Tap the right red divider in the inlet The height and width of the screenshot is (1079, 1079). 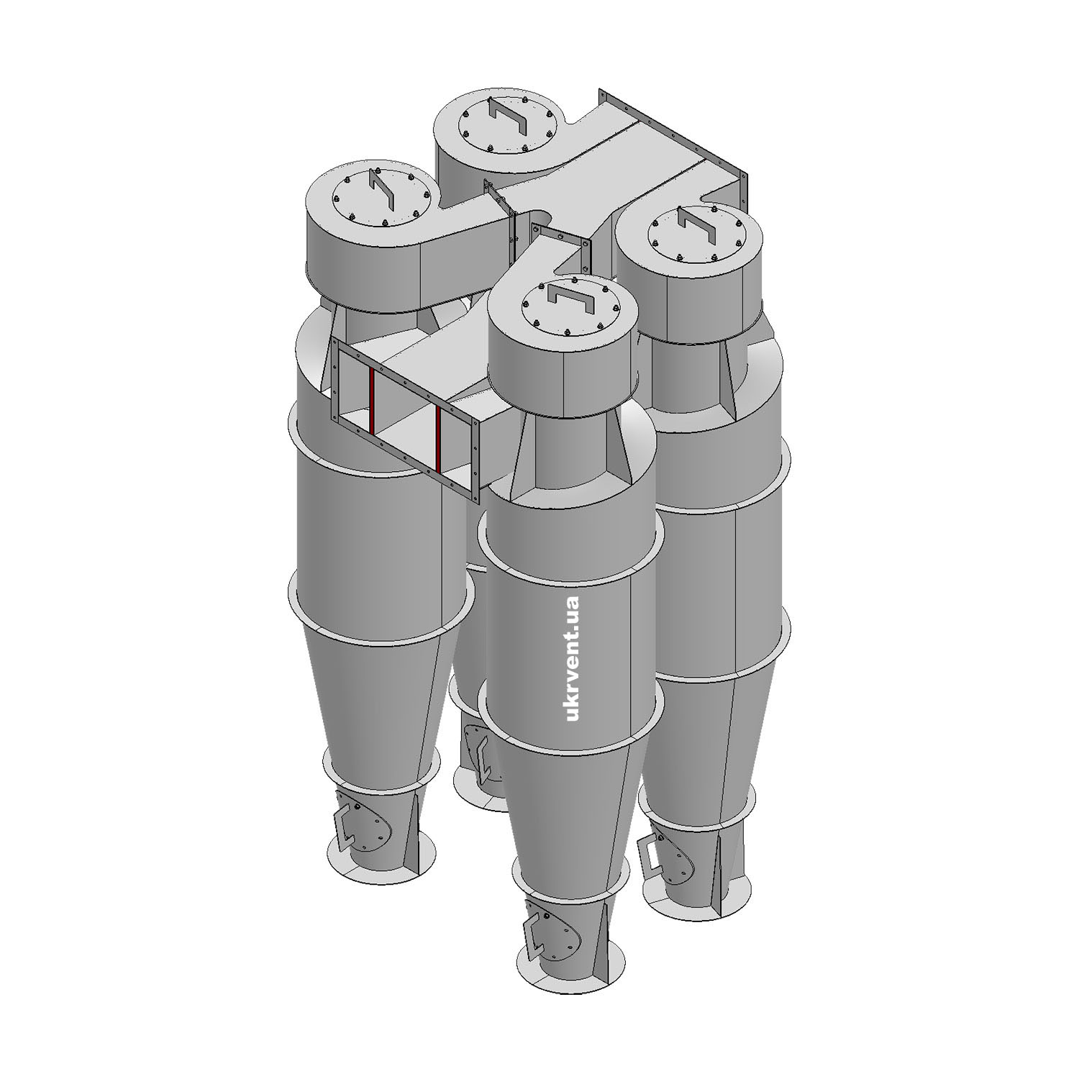[x=437, y=440]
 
